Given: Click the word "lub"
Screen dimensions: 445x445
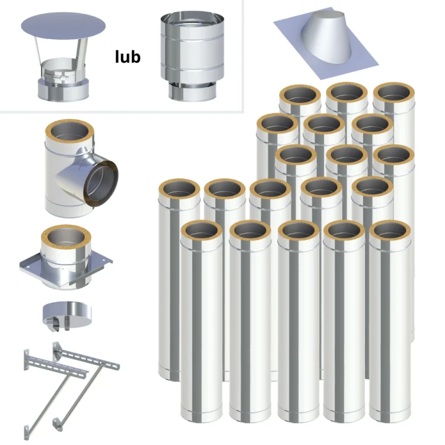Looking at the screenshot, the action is tap(128, 57).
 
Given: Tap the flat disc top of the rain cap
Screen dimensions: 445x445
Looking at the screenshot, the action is tap(63, 26).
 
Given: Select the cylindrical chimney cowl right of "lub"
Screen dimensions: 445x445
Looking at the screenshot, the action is tap(192, 56).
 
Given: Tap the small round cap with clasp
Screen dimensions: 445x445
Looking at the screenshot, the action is tap(67, 316).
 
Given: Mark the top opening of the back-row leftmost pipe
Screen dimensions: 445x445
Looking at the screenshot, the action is tap(300, 95).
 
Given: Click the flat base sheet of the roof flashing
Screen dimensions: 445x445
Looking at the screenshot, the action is tap(326, 46).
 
